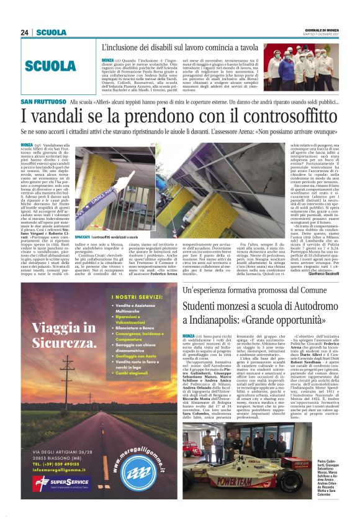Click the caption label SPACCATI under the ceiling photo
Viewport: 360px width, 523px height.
pyautogui.click(x=81, y=237)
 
